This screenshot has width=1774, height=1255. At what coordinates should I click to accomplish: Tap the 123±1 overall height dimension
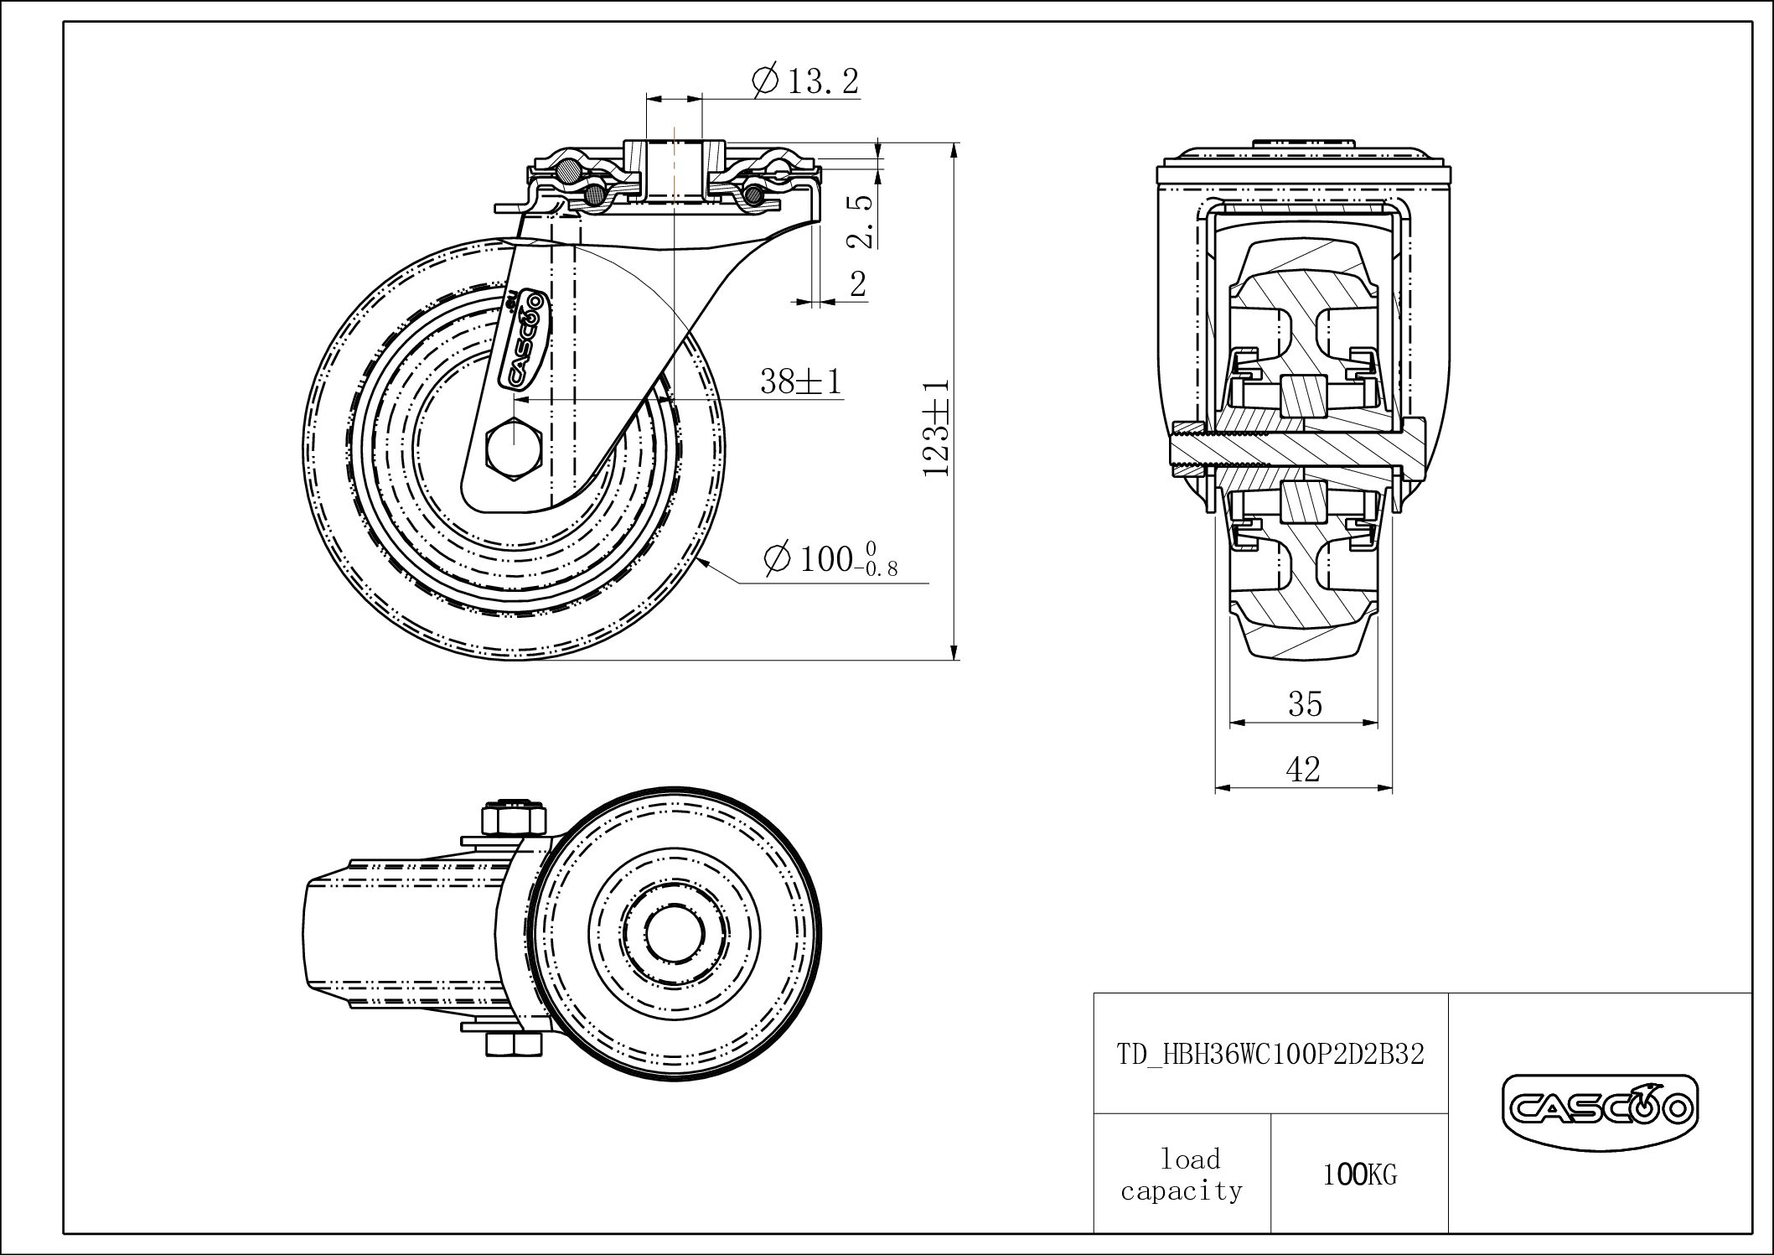[x=936, y=428]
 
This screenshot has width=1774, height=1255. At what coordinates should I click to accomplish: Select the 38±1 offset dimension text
[x=800, y=382]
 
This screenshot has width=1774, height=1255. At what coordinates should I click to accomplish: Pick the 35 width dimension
[x=1305, y=704]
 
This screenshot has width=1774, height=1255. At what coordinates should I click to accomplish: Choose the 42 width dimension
[x=1303, y=769]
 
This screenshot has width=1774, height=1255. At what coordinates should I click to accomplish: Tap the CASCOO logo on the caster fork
[x=524, y=339]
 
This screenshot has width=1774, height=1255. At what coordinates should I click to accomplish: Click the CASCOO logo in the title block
[x=1599, y=1111]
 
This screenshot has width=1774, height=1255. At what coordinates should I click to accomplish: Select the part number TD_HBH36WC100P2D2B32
[x=1270, y=1054]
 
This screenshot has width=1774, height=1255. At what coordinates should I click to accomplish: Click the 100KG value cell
[x=1359, y=1175]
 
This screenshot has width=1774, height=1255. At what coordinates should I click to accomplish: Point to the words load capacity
[x=1182, y=1175]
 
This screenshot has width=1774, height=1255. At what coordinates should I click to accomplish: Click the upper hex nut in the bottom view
[x=513, y=818]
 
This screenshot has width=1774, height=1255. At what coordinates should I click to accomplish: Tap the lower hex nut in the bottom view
[x=513, y=1045]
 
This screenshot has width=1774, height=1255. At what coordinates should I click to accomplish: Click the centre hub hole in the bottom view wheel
[x=675, y=933]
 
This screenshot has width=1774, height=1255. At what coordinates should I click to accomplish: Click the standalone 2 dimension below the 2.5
[x=857, y=284]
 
